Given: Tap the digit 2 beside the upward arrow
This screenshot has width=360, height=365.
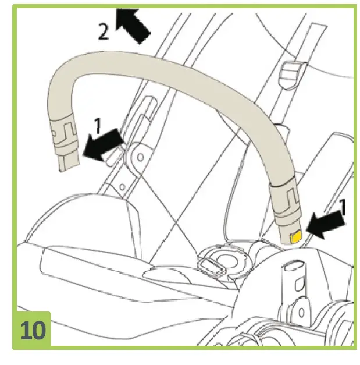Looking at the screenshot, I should [103, 32].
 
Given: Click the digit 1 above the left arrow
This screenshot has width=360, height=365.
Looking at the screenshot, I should [98, 124].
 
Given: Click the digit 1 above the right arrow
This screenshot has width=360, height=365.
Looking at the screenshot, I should [343, 207].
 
